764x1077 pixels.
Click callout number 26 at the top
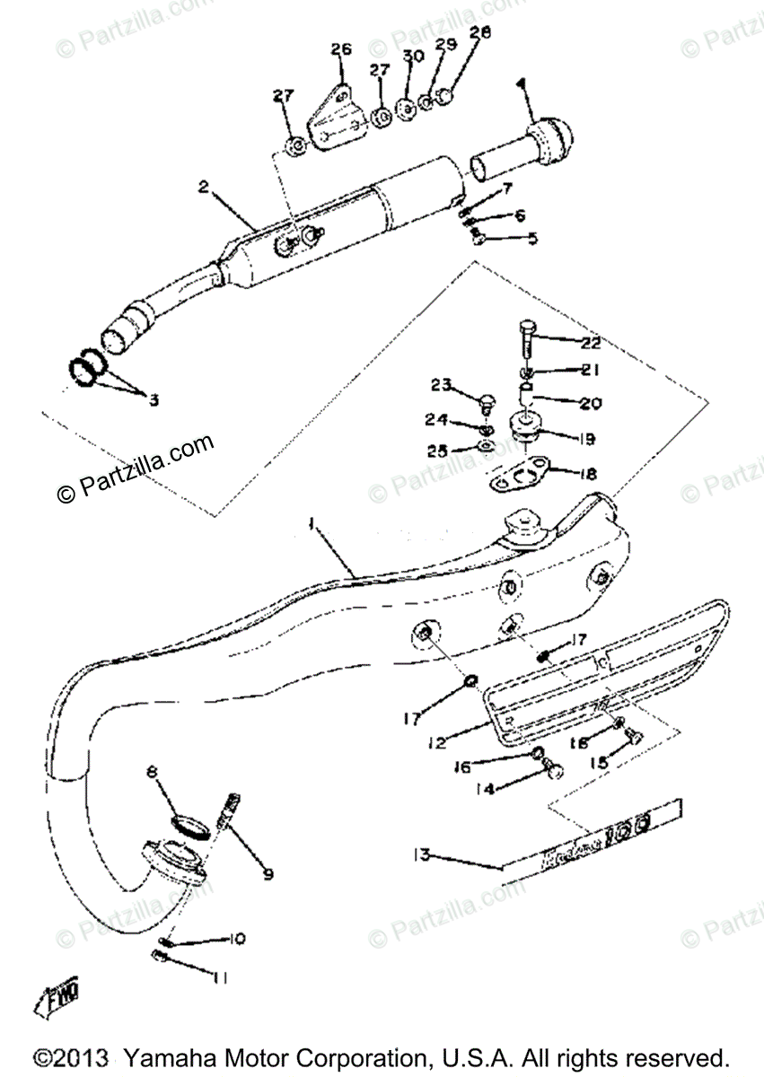coord(340,49)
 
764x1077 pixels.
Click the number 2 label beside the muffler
coord(204,188)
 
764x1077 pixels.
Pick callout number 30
coord(412,57)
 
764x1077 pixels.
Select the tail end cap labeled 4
coord(548,137)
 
